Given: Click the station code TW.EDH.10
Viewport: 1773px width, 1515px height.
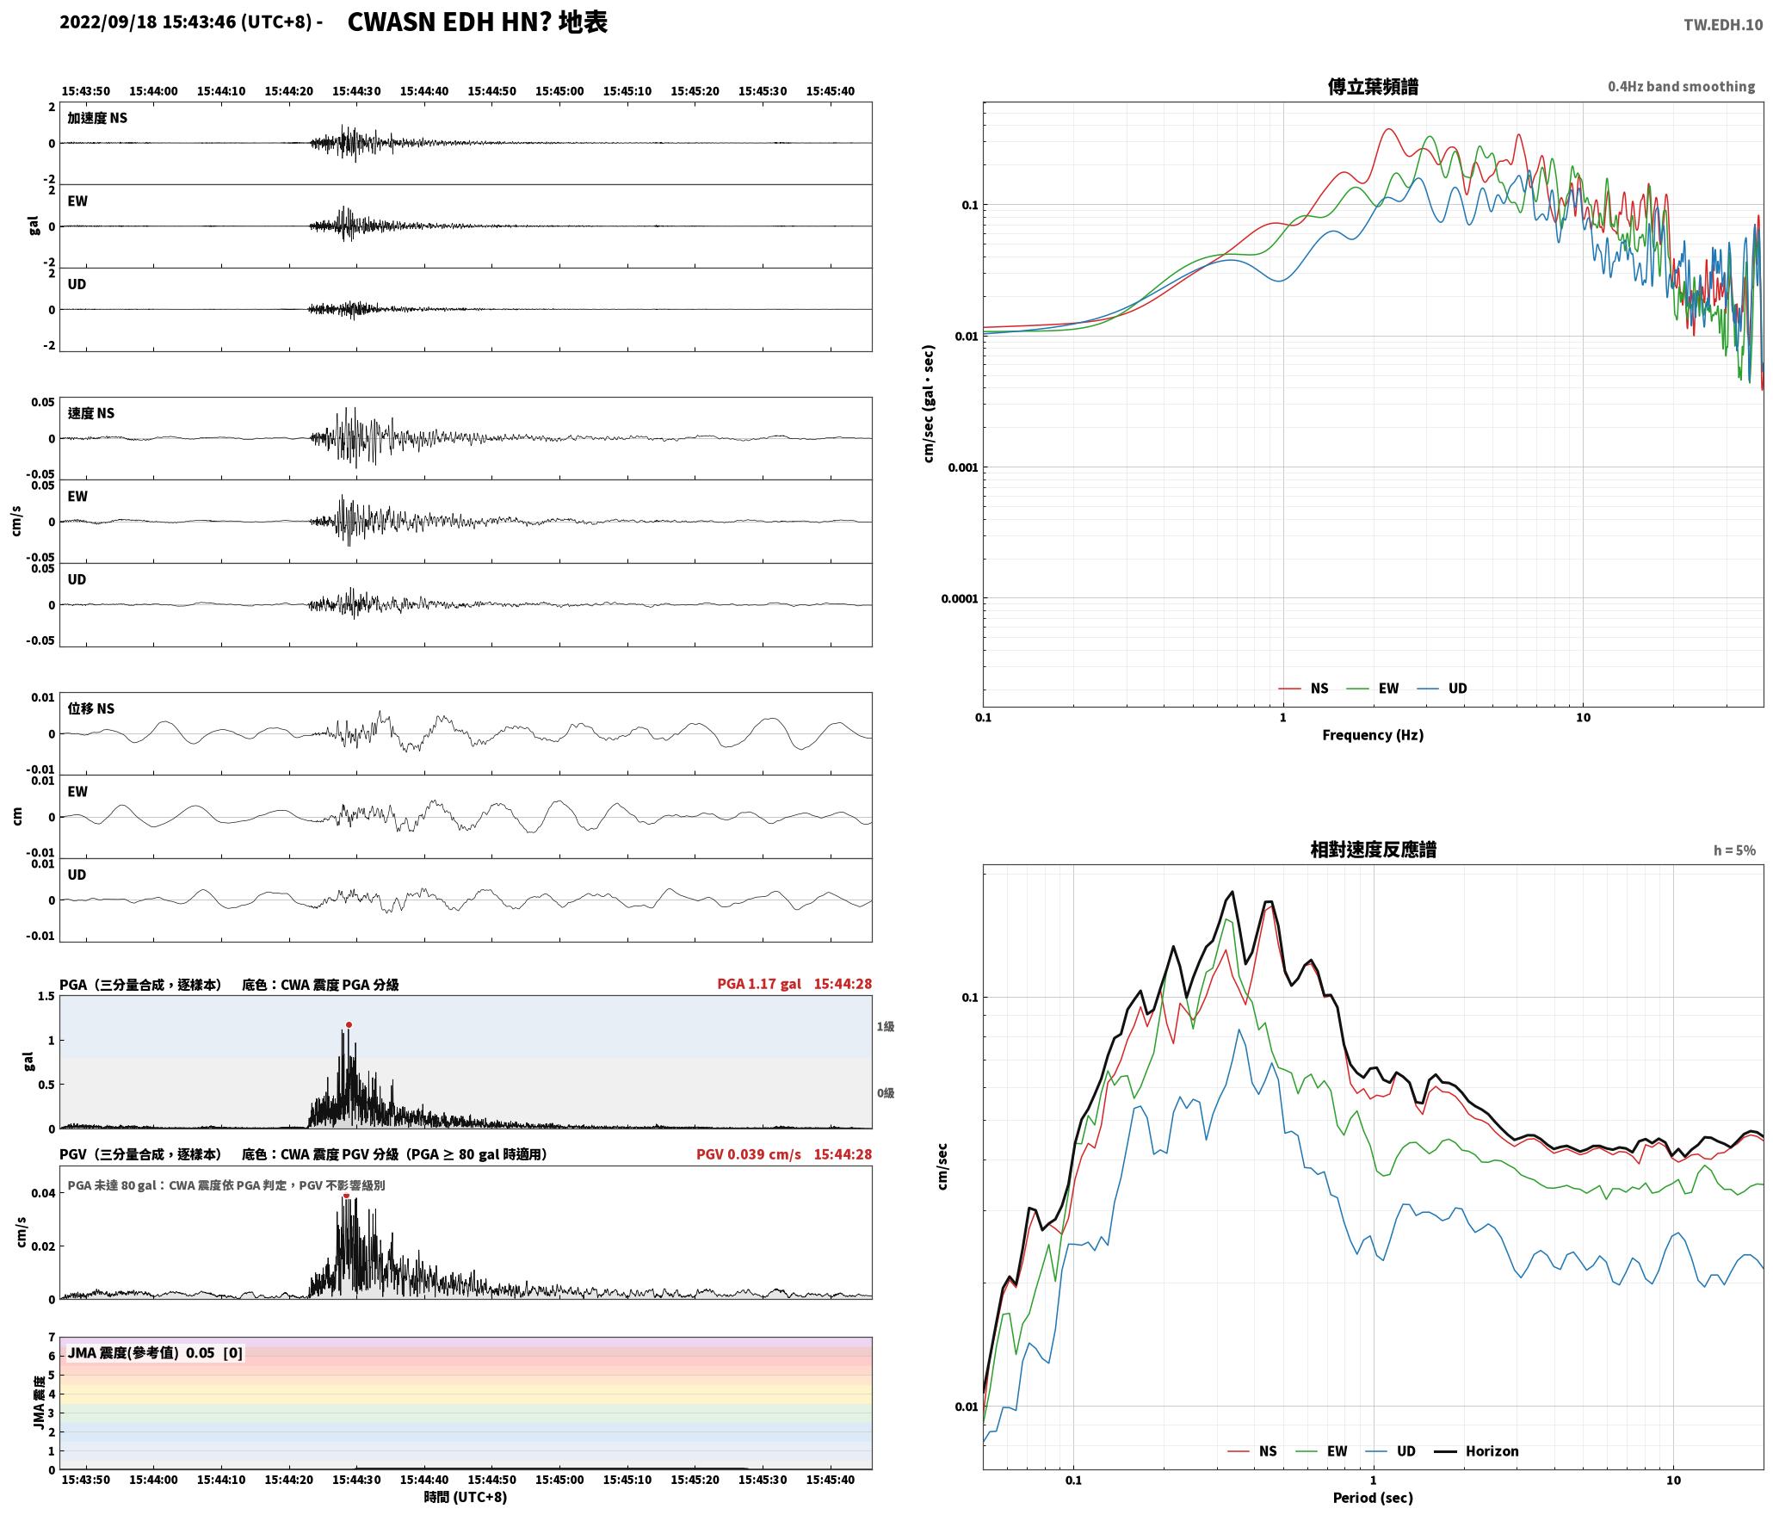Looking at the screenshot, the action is (1723, 25).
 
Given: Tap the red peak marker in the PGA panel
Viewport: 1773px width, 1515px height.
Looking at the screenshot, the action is (349, 1024).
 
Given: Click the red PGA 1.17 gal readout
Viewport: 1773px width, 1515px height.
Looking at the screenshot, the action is (759, 983).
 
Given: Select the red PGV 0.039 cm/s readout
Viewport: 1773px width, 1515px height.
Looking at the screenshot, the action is (749, 1153).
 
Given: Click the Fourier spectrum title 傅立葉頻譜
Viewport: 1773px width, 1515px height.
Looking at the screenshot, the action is (1373, 86).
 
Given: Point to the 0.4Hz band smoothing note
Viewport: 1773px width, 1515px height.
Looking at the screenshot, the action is (1681, 86).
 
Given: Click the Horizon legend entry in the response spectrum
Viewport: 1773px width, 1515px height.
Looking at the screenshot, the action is (1477, 1450).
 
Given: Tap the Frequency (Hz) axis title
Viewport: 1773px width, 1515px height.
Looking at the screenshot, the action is (1373, 734).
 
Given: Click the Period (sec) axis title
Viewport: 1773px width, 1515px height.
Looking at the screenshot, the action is (1373, 1497).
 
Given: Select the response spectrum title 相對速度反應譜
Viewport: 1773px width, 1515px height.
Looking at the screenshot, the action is (1373, 849).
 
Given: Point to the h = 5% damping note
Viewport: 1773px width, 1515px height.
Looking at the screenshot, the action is (1734, 850).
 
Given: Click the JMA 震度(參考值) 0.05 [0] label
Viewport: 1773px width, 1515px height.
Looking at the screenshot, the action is (155, 1352).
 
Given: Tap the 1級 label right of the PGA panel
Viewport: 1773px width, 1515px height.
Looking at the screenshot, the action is (886, 1026).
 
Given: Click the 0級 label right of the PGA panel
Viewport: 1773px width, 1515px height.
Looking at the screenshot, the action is (886, 1092).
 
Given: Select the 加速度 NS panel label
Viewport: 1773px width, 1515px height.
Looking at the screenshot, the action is (97, 118).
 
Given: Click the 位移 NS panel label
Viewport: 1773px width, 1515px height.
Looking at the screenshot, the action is (91, 708).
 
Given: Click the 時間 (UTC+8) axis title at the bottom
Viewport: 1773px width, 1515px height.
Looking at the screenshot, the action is (466, 1497).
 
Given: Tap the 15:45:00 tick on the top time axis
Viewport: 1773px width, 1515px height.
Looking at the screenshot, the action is (559, 91).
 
